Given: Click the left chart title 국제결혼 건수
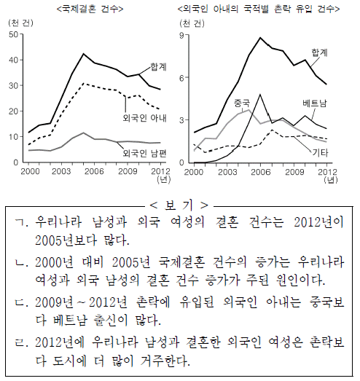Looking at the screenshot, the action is tap(90, 9).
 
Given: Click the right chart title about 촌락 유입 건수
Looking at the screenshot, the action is tap(259, 9).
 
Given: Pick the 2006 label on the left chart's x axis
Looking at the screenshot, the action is tap(94, 171).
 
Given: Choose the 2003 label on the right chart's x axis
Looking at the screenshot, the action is tap(227, 172).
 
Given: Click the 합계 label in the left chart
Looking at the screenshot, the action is tap(158, 66).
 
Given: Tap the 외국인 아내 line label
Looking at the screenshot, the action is tap(144, 118).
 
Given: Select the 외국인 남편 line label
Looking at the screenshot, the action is tap(144, 153).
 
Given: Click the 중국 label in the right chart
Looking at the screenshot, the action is tap(242, 103).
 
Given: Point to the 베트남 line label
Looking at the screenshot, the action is tap(315, 103).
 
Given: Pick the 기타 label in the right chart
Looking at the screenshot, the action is tap(320, 152).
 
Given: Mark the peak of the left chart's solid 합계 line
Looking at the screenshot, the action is tap(83, 54).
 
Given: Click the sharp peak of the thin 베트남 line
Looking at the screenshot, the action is tap(260, 94).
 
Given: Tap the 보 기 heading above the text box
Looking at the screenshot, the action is tap(179, 205).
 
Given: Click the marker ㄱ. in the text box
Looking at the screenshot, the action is tap(21, 222).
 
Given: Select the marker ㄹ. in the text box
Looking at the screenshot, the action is tap(21, 342).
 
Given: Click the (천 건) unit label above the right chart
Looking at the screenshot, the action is tap(192, 23).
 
